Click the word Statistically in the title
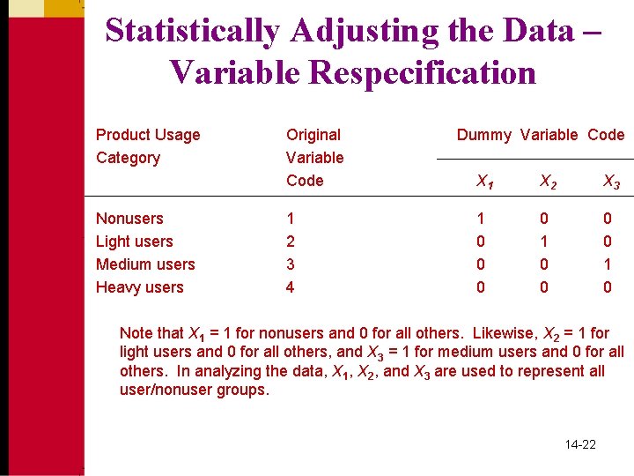(x=192, y=32)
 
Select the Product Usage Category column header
(x=148, y=146)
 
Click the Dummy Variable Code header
(x=541, y=135)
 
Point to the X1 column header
(x=484, y=182)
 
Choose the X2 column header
(x=548, y=182)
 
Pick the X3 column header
(x=611, y=182)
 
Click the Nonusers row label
(x=129, y=219)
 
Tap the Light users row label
(x=134, y=242)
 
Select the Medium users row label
(x=145, y=264)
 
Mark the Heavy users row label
(x=139, y=287)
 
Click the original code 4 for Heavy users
(x=291, y=287)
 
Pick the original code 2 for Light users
(x=291, y=242)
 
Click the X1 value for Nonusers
(x=481, y=219)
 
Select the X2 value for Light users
(x=544, y=242)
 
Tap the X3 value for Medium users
(x=608, y=264)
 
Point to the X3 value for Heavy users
(x=608, y=287)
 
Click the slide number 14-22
(x=580, y=444)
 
